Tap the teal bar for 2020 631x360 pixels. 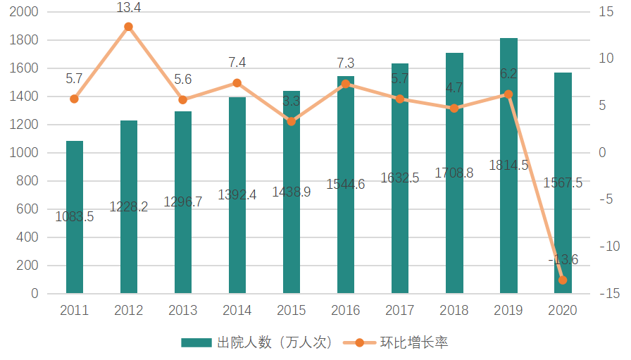tap(563, 183)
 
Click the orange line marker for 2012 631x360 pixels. tap(129, 27)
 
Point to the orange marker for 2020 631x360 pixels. tap(563, 280)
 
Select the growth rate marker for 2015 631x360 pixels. tap(292, 121)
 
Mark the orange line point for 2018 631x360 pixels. tap(454, 108)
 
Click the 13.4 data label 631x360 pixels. tap(129, 8)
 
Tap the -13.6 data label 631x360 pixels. tap(563, 260)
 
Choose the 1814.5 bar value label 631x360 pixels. tap(508, 166)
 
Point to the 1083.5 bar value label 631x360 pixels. tap(75, 217)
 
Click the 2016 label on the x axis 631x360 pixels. tap(346, 311)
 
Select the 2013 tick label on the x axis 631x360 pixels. tap(183, 311)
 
